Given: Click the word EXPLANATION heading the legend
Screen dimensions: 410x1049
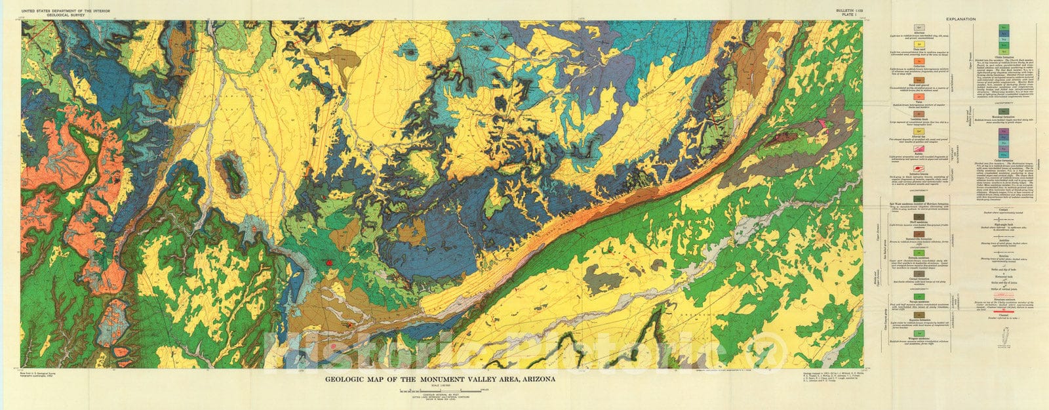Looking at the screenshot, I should [961, 19].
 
